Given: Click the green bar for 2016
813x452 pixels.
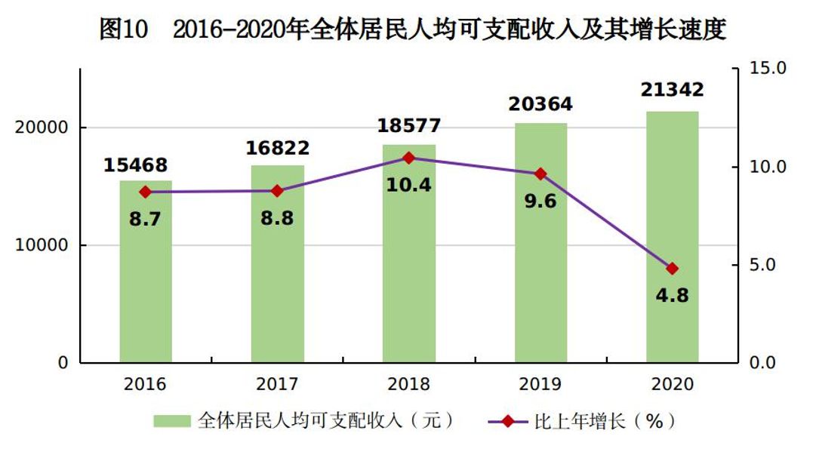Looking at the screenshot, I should (x=146, y=287).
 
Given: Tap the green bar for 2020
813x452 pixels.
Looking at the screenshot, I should (x=672, y=317).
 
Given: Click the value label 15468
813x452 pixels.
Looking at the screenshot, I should (x=135, y=165).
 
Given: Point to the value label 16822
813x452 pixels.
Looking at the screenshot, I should (x=278, y=149).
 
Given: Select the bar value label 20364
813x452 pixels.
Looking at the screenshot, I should (x=540, y=103).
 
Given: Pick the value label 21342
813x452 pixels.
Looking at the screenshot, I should (x=672, y=90).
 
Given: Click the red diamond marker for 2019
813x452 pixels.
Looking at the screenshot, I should (x=540, y=174).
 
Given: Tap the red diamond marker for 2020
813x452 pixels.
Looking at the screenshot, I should (x=672, y=269).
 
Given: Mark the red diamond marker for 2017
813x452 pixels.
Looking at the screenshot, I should (x=277, y=191).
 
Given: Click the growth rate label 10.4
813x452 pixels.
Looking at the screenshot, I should (x=408, y=184).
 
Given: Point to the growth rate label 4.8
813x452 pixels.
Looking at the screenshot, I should (x=672, y=295).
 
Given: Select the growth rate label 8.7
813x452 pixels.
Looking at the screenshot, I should (x=146, y=219).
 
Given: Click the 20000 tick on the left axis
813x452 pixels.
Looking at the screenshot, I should (x=42, y=128).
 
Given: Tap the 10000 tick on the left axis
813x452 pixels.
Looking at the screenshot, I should (x=42, y=246).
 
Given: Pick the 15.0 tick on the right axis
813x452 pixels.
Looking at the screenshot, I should (x=768, y=69).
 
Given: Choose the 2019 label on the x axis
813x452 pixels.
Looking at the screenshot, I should (x=540, y=384).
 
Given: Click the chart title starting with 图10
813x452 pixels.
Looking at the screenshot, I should (x=412, y=30).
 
